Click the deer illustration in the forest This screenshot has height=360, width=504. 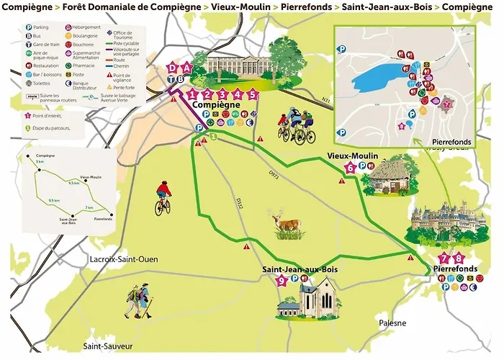[x=287, y=224]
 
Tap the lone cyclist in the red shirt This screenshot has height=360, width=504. [x=163, y=198]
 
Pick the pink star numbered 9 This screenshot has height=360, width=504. [x=282, y=282]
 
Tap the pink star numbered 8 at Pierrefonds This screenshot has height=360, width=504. [x=459, y=258]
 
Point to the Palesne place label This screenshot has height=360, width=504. [x=394, y=323]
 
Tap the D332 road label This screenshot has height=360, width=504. [x=238, y=204]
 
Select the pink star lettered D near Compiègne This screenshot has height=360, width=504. [x=171, y=68]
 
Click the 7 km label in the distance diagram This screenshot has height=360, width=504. [x=89, y=207]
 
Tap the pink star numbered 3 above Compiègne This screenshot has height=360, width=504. [x=222, y=94]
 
